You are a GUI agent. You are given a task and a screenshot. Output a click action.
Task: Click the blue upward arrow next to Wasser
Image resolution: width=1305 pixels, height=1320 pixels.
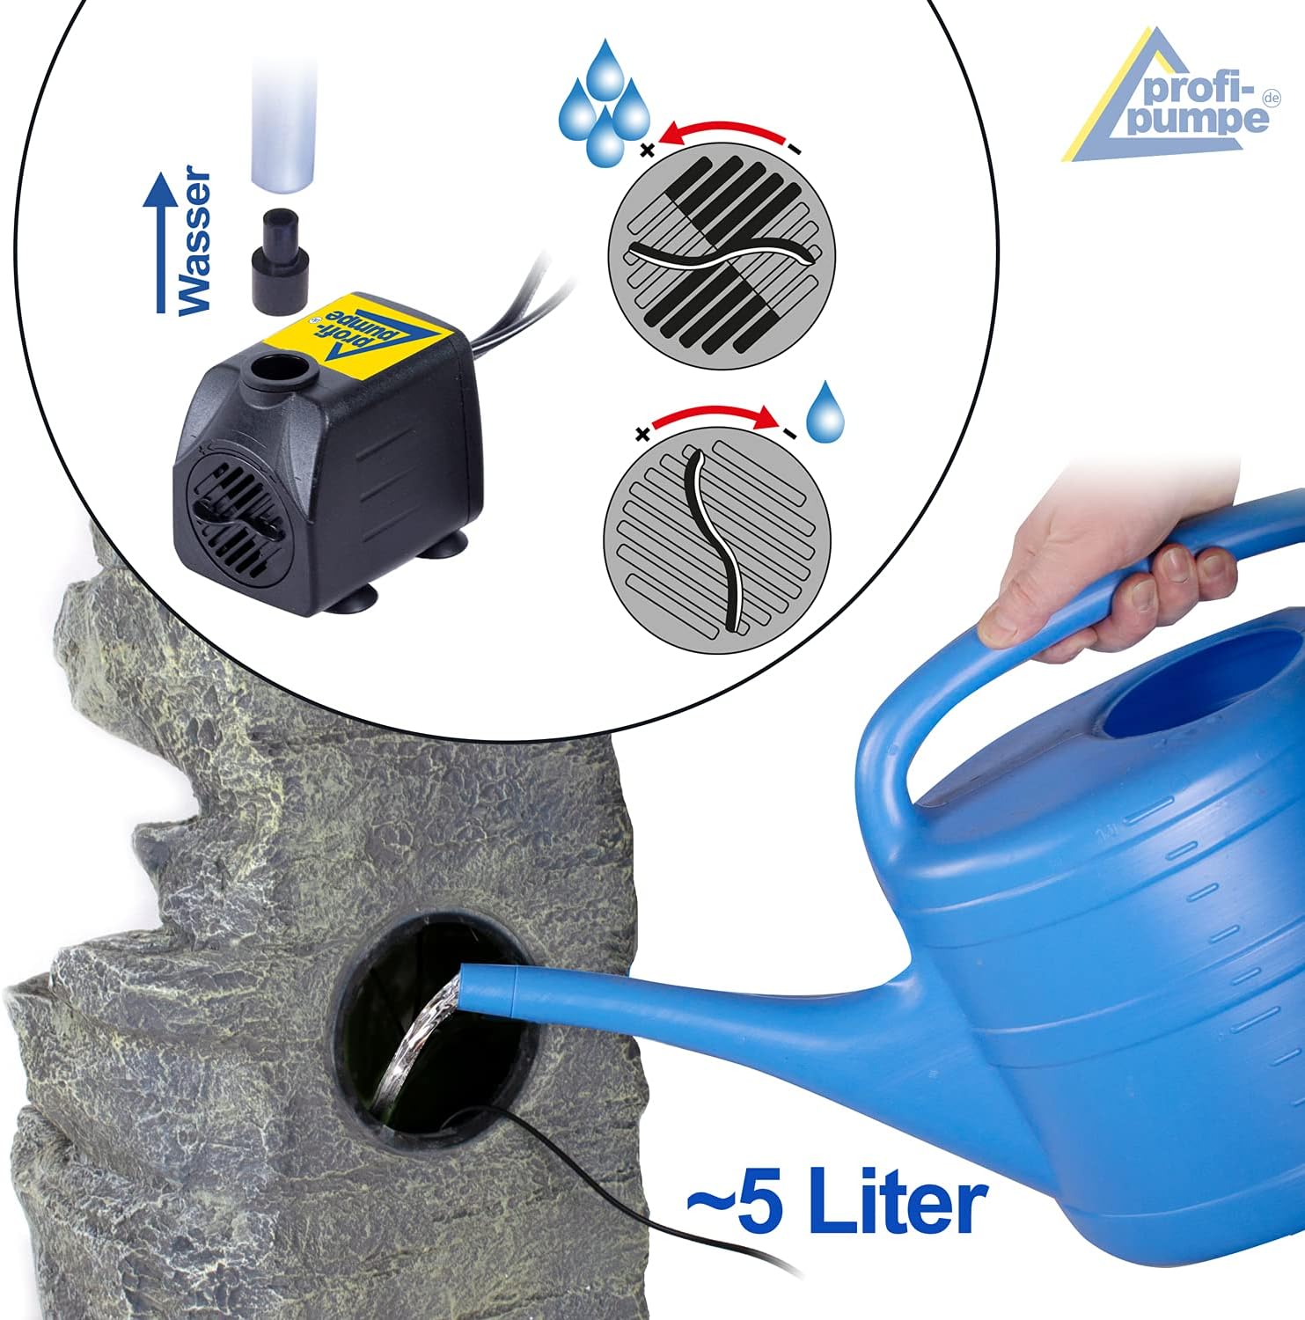(x=160, y=242)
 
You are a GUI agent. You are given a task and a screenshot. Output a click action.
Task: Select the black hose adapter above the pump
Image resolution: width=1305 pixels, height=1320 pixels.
(x=281, y=260)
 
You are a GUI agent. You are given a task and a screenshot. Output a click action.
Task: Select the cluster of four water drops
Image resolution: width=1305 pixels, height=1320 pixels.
(x=604, y=99)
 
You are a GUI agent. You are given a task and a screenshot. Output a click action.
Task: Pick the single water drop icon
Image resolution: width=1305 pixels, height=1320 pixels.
(x=825, y=412)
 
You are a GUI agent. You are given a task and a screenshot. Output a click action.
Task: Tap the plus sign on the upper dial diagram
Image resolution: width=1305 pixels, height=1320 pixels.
(x=648, y=150)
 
